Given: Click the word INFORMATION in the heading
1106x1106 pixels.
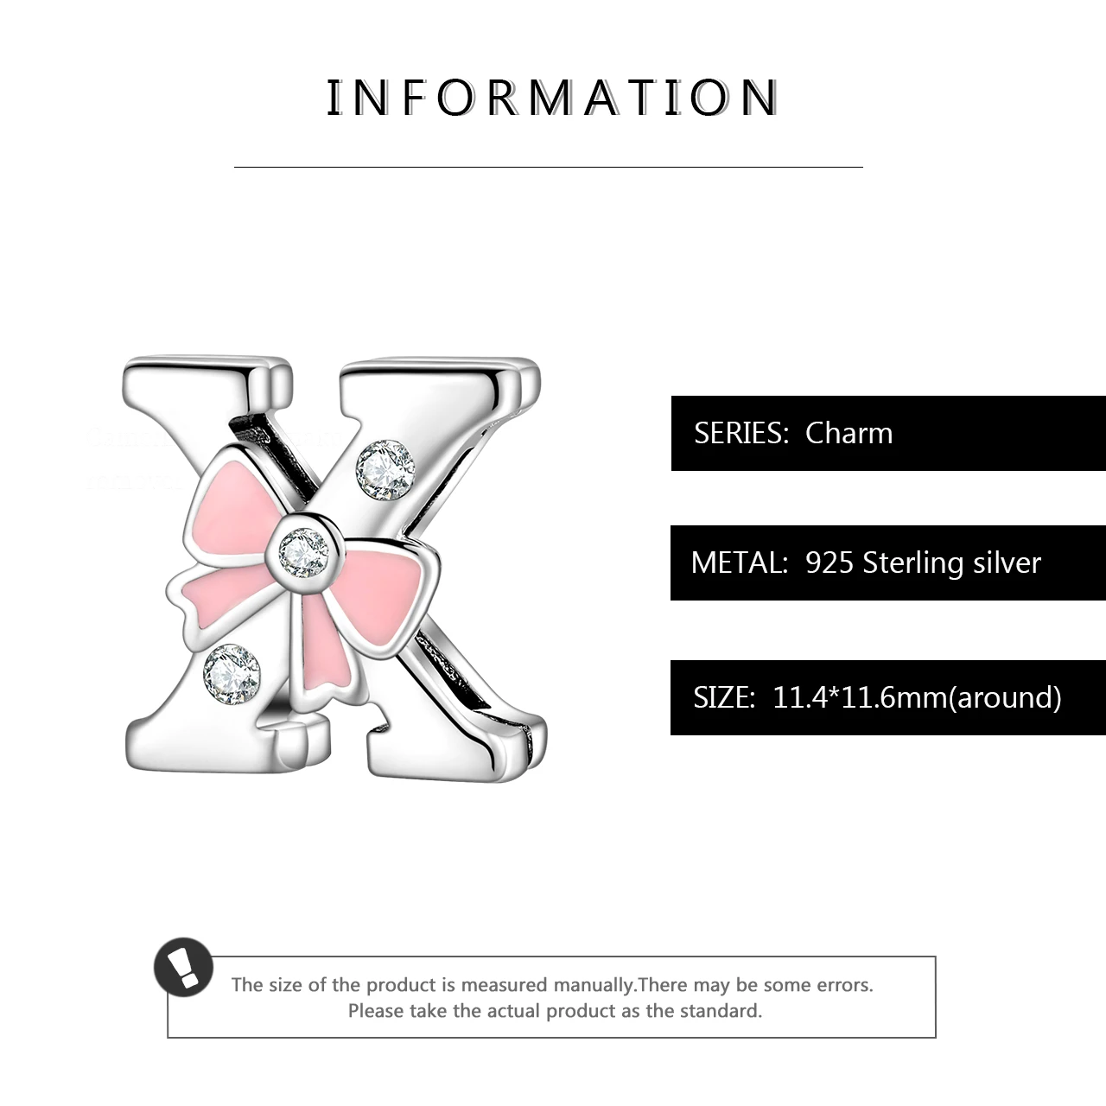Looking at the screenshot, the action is click(552, 98).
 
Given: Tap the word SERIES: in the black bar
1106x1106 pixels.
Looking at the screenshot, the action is click(741, 434).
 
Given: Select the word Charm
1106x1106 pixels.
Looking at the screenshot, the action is click(849, 434).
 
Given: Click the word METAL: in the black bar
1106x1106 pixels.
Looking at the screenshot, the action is click(740, 563).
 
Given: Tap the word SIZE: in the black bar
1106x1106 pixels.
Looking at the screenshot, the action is click(724, 697).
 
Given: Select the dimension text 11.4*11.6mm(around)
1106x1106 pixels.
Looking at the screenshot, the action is click(917, 698).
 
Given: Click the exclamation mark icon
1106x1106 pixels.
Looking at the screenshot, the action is click(184, 967).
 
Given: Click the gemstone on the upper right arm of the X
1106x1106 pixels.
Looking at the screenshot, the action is click(385, 467).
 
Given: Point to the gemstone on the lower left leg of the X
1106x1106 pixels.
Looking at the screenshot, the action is click(232, 673).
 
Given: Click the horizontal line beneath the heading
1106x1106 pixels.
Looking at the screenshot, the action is click(549, 167).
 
